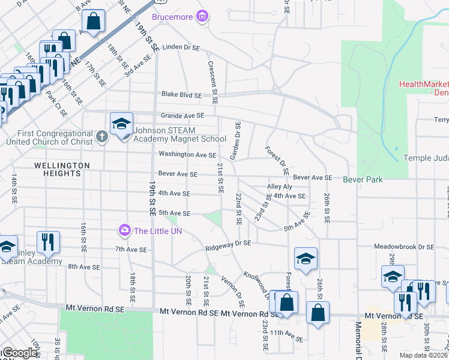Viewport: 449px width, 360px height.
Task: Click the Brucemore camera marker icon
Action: [203, 16]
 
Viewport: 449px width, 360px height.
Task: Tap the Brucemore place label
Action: [174, 17]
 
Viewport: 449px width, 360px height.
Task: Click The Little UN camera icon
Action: [125, 230]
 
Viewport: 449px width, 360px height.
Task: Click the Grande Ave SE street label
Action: [182, 115]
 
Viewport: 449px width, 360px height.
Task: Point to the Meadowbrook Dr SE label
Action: [403, 247]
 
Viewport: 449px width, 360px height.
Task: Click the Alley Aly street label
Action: [279, 187]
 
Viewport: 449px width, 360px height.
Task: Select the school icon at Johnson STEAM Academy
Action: [121, 124]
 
